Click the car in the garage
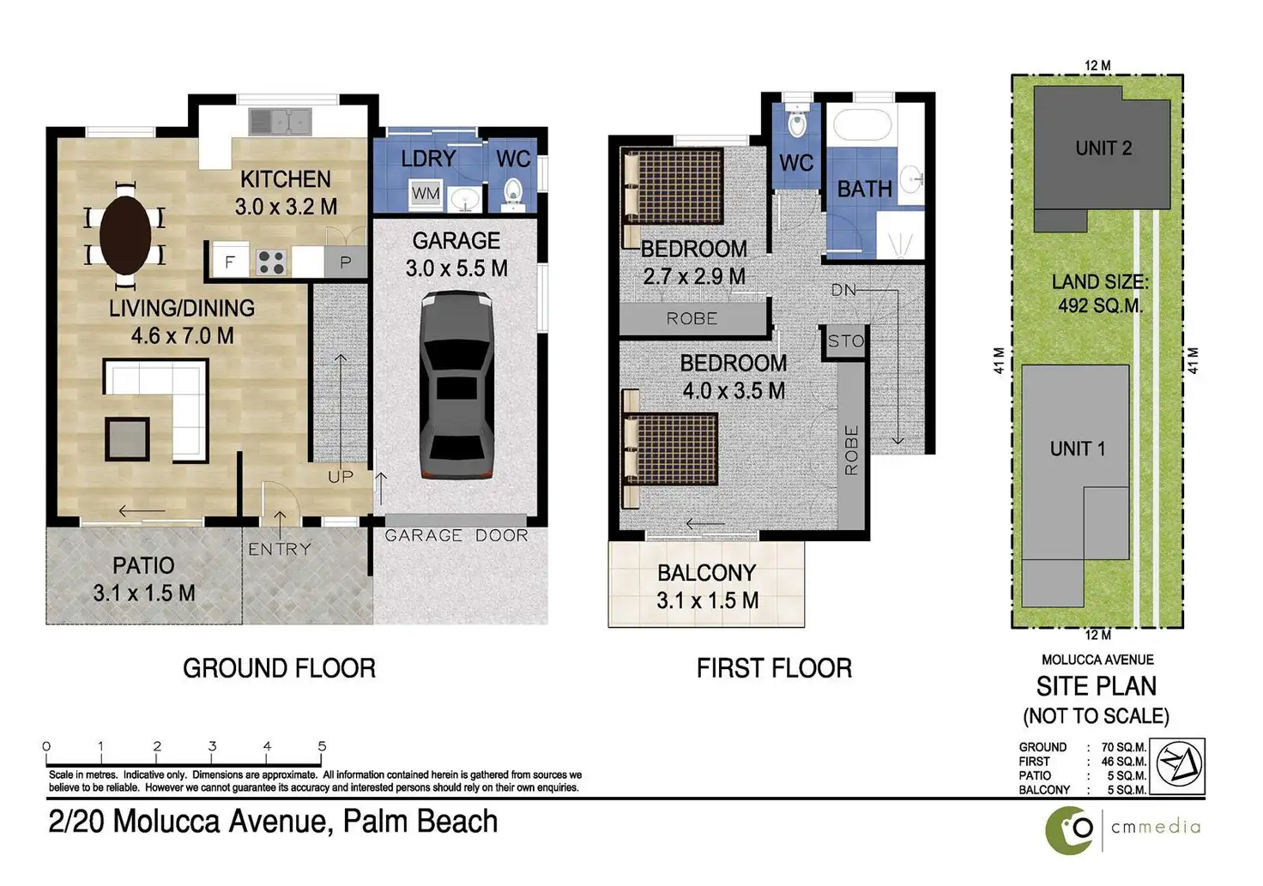click(456, 385)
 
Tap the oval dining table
click(125, 236)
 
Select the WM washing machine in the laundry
click(425, 194)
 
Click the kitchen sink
click(281, 121)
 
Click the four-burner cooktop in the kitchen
click(271, 262)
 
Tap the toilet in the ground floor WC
click(512, 193)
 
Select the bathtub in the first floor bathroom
click(861, 124)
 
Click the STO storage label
click(846, 341)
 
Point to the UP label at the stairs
click(341, 477)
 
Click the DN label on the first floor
click(843, 290)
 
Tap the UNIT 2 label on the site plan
click(1103, 148)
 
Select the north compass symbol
click(1177, 766)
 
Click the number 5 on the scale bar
click(322, 745)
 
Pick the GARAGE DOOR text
click(456, 535)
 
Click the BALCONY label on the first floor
click(706, 573)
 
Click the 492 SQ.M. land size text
click(1100, 305)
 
